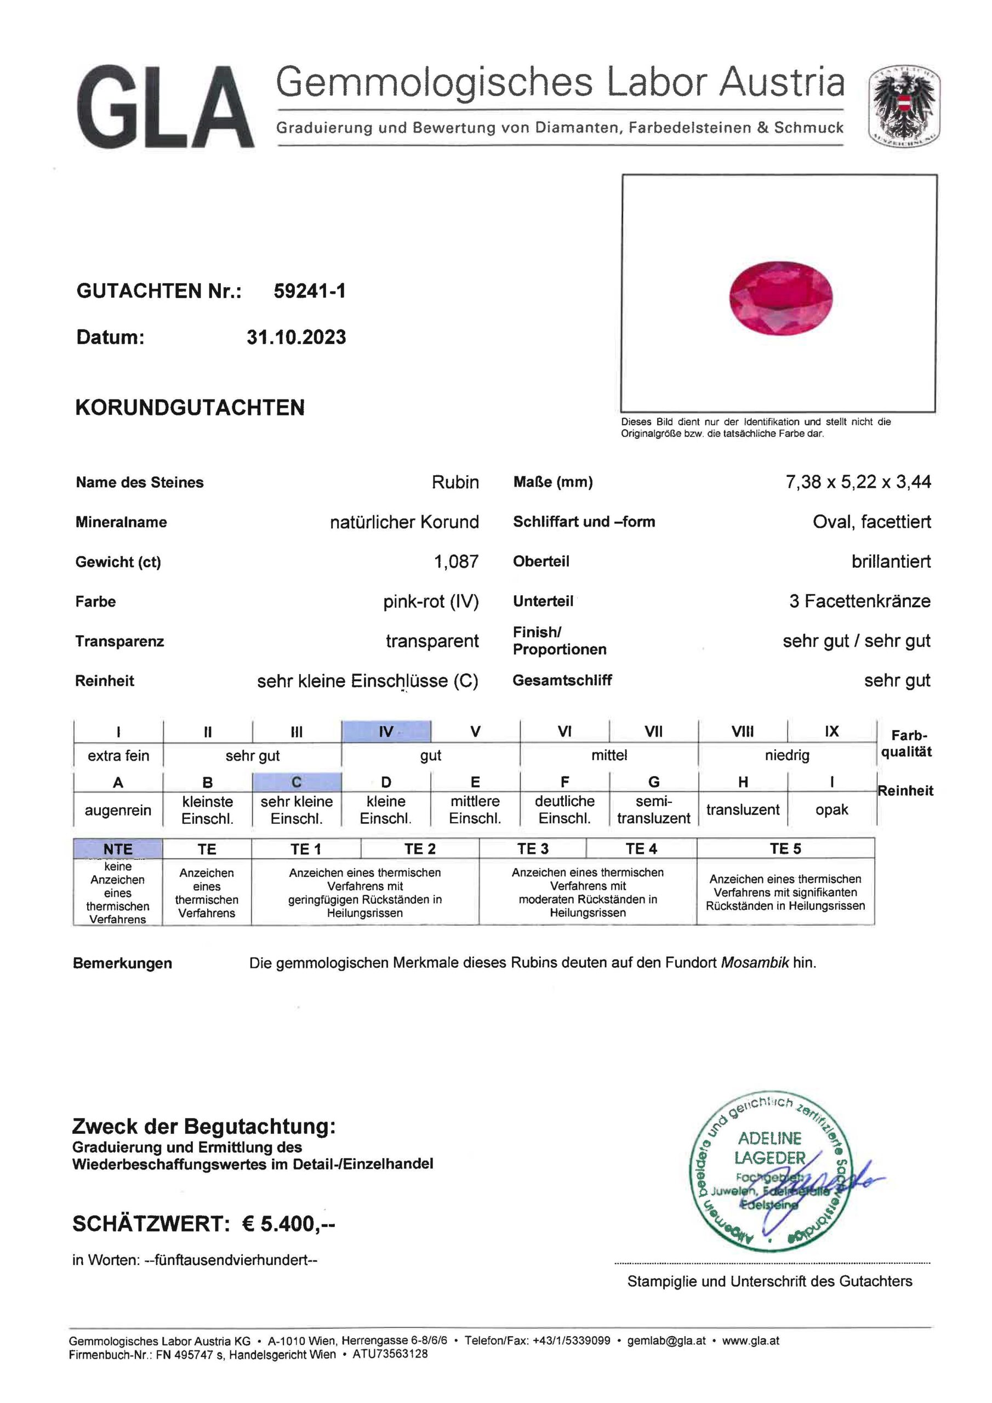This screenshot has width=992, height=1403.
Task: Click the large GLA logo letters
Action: tap(165, 109)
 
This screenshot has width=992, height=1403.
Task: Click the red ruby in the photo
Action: tap(781, 298)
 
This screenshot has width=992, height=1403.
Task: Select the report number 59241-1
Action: tap(309, 291)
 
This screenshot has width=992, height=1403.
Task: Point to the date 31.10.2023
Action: tap(297, 337)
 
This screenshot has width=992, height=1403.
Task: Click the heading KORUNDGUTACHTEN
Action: tap(190, 408)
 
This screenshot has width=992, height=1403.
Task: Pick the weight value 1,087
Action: tap(456, 562)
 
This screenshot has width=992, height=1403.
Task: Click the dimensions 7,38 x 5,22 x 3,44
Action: tap(858, 482)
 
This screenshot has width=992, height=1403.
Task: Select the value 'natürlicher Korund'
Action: tap(404, 522)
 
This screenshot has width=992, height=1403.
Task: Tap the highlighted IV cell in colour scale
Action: tap(386, 732)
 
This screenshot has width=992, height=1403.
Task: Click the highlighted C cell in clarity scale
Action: tap(297, 782)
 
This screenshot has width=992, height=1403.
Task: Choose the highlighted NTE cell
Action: tap(118, 849)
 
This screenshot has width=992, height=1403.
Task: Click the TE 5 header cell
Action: tap(785, 848)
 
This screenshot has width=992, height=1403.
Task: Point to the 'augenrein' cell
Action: tap(118, 810)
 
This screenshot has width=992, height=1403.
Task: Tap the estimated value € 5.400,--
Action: tap(288, 1223)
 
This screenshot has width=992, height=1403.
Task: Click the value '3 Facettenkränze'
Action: tap(859, 601)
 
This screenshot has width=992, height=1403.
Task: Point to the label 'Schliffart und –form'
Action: tap(584, 522)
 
